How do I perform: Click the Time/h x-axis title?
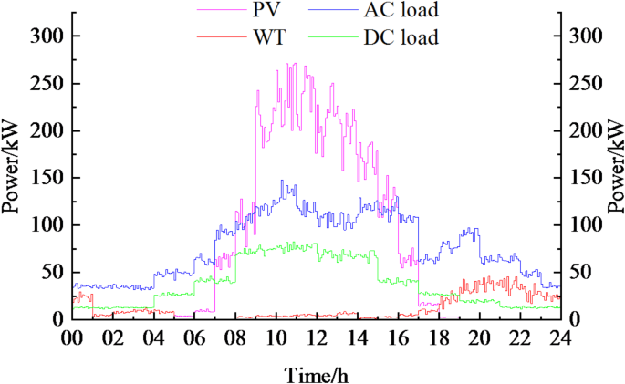click(315, 373)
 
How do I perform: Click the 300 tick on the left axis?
click(46, 36)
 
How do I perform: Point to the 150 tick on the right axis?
click(584, 178)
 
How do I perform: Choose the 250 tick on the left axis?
click(46, 83)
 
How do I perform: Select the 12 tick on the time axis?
click(316, 337)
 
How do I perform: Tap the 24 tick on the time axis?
click(559, 337)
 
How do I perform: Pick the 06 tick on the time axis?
click(193, 337)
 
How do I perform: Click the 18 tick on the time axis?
click(438, 337)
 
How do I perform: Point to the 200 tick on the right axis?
click(584, 130)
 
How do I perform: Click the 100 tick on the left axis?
click(46, 225)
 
